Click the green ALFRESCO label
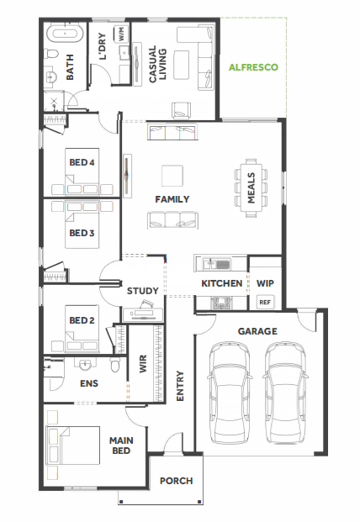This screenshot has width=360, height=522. point(253,67)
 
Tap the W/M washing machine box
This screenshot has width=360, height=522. point(121,34)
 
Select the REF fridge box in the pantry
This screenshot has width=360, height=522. point(265,303)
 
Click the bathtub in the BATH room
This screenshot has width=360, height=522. point(64,34)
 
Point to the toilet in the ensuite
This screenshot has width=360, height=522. point(115,365)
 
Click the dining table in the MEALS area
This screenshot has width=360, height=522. point(251,188)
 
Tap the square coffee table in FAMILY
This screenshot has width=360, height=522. point(172,176)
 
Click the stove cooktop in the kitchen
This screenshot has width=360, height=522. point(221,303)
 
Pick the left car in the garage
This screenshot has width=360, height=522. point(230,393)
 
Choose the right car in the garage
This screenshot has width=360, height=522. point(285,393)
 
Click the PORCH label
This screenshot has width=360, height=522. point(176,481)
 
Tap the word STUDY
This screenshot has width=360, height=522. point(142,291)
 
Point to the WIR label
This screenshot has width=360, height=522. point(143,363)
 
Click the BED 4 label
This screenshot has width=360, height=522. point(82,162)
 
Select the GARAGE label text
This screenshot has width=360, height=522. point(257,331)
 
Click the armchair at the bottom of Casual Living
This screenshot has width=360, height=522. point(182,110)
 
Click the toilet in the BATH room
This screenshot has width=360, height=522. point(51,54)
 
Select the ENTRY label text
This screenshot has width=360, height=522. point(180,386)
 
